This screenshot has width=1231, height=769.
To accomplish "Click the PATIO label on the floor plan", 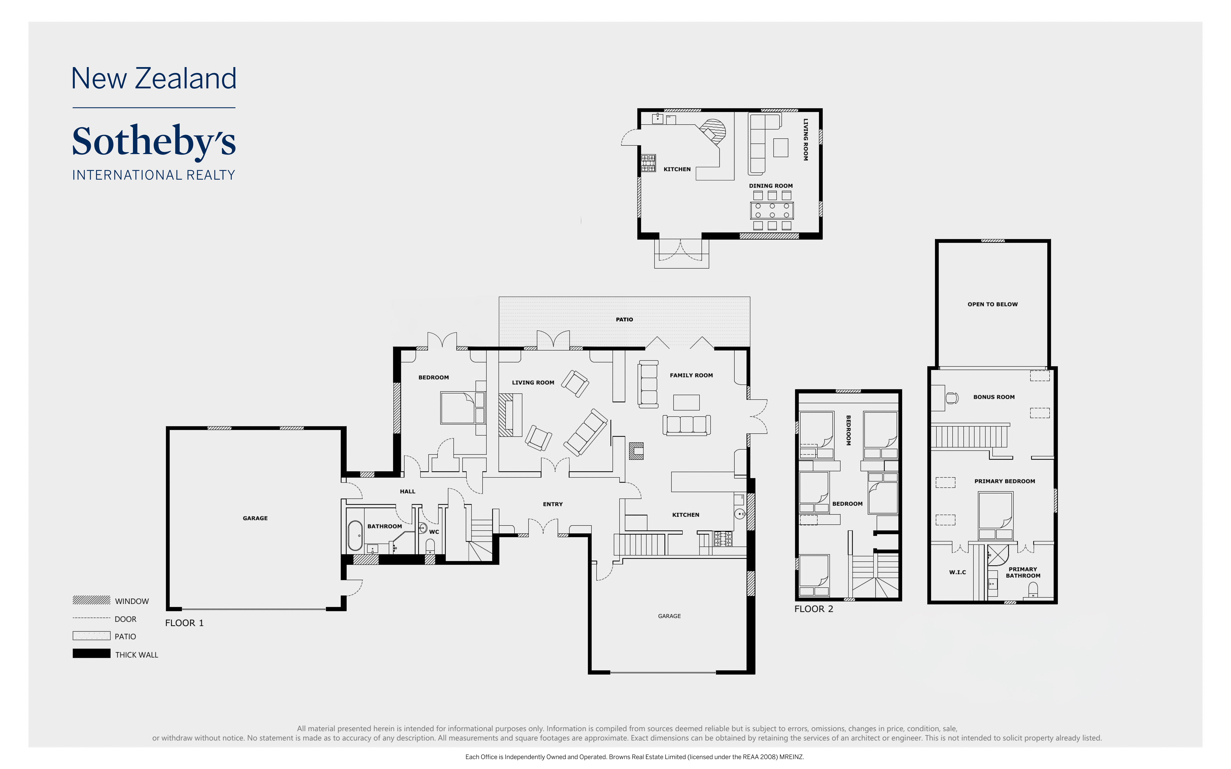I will pyautogui.click(x=624, y=319).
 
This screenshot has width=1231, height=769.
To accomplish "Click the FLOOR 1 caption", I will pyautogui.click(x=184, y=623).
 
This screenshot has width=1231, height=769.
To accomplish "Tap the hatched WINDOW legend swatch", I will pyautogui.click(x=92, y=600).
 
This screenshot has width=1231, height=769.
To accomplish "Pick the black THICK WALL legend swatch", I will pyautogui.click(x=92, y=654).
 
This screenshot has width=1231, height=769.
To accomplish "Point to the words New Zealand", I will pyautogui.click(x=154, y=79).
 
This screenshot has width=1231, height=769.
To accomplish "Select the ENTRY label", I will pyautogui.click(x=552, y=504).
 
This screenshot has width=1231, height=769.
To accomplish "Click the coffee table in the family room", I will pyautogui.click(x=686, y=402).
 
